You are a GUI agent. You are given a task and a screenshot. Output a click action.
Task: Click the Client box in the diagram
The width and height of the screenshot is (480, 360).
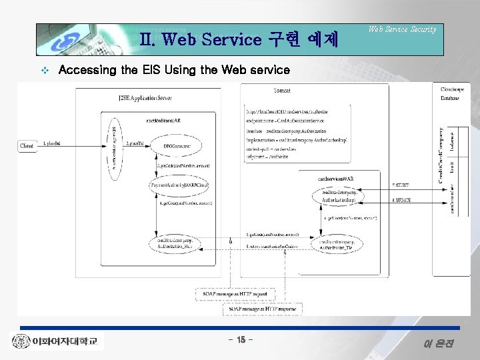27,145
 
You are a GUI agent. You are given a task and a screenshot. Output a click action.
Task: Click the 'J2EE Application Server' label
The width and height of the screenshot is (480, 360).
145,98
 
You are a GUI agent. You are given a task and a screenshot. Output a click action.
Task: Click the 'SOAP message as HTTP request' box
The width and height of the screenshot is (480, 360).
232,294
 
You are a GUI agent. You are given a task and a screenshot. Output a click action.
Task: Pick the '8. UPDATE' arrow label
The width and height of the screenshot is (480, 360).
401,199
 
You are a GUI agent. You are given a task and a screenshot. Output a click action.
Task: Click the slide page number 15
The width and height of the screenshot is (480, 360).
239,341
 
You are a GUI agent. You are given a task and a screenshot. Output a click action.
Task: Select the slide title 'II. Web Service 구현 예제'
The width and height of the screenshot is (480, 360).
240,39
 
